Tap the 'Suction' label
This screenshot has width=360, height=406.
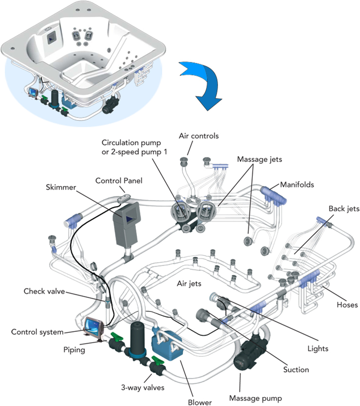point(296,369)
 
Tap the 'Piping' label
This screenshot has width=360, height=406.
point(76,349)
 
